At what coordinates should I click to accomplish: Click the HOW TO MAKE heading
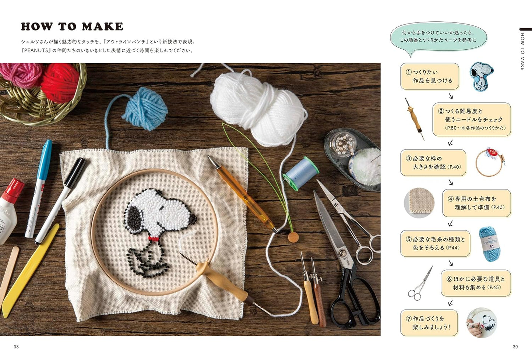tap(72, 27)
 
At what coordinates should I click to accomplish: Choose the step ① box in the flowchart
tap(430, 76)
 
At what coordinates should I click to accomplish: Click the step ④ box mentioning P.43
tap(476, 203)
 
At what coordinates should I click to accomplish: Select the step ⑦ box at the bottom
tap(429, 322)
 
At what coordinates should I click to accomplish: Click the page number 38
tap(16, 347)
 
